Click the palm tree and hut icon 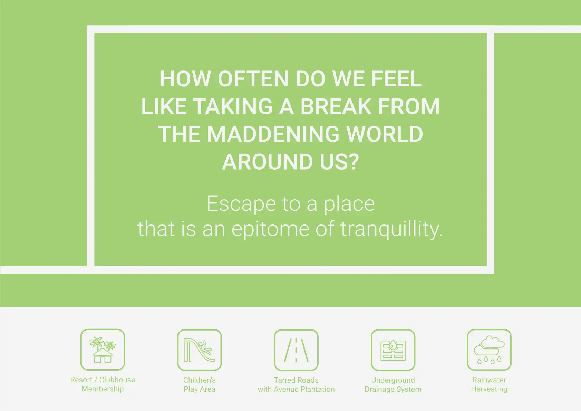click(x=103, y=350)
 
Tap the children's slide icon click(x=199, y=350)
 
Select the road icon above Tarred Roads click(x=296, y=350)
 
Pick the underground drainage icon click(x=393, y=350)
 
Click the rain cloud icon click(x=489, y=350)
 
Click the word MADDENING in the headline click(x=273, y=134)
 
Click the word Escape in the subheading click(x=241, y=204)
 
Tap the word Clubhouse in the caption click(x=117, y=380)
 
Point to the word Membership click(x=103, y=389)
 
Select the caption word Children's click(x=199, y=380)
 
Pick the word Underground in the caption click(x=393, y=380)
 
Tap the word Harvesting click(x=489, y=389)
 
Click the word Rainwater click(x=489, y=380)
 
